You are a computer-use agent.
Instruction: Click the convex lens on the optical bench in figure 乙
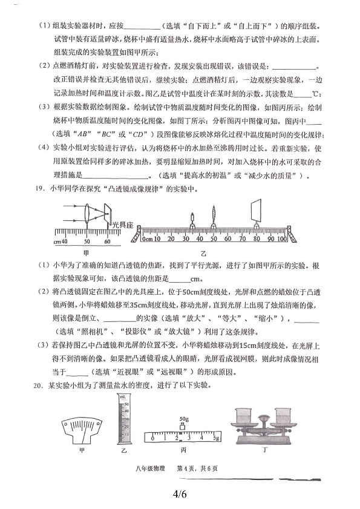click(x=214, y=217)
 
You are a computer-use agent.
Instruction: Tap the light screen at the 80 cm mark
click(x=254, y=214)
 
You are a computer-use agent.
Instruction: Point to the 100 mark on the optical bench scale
click(x=281, y=240)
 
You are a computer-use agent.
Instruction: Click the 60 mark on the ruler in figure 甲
click(x=106, y=241)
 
